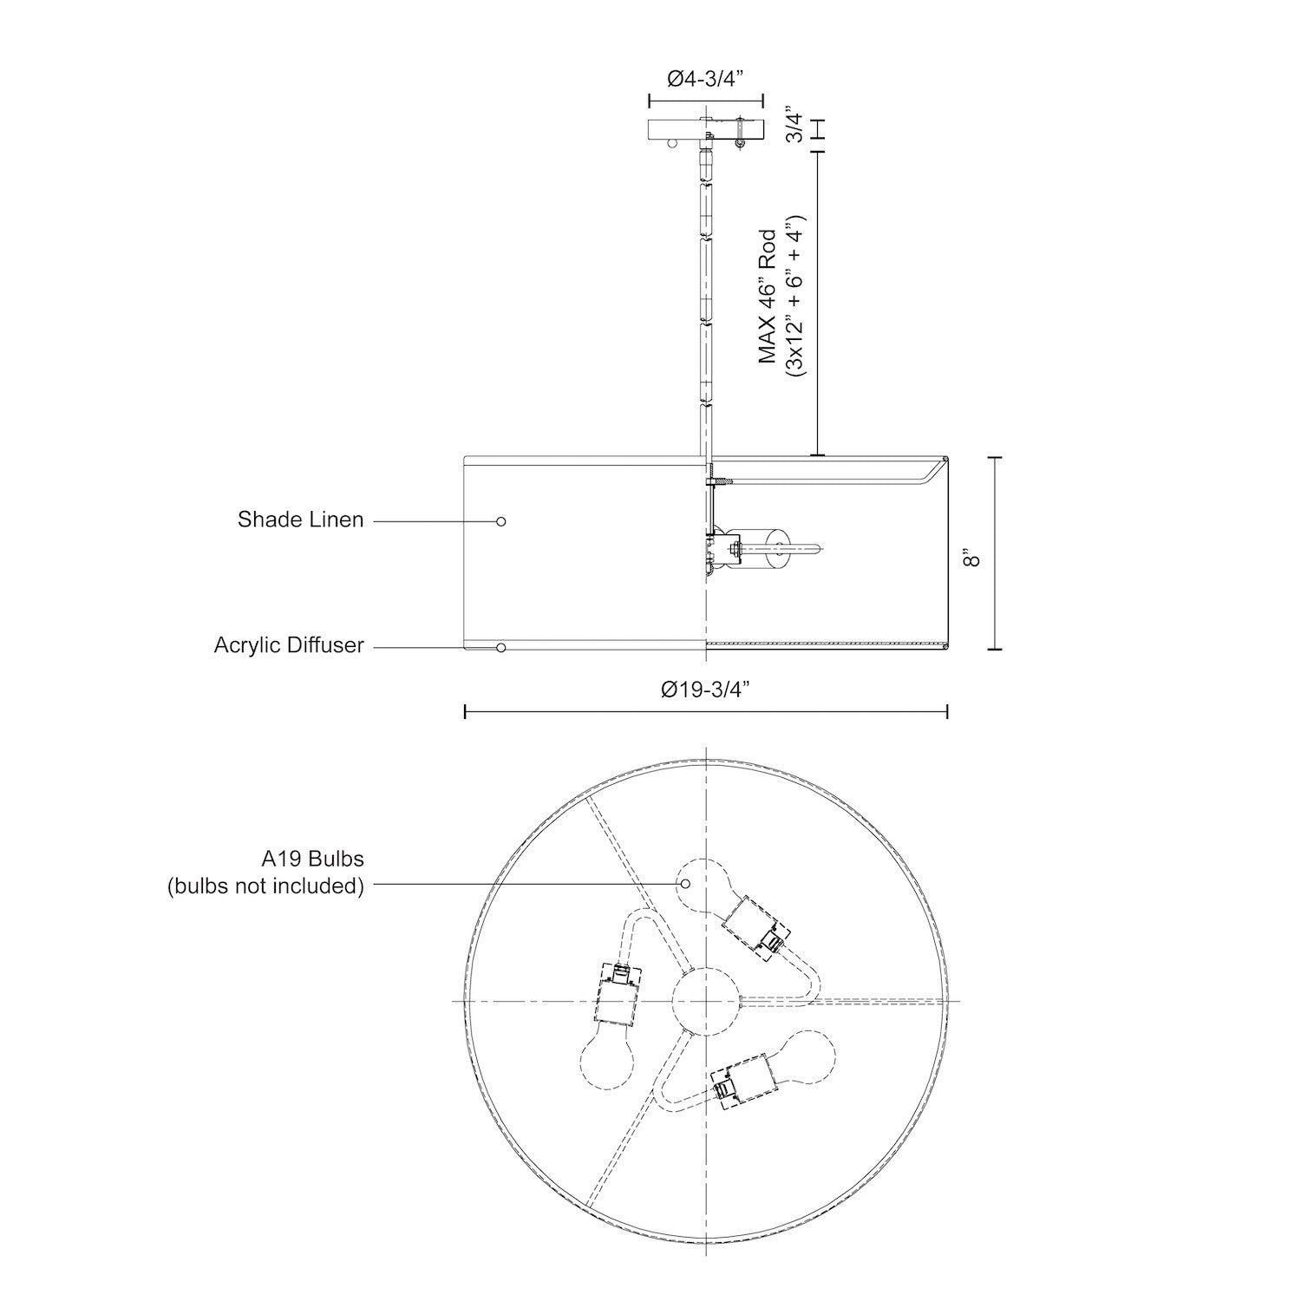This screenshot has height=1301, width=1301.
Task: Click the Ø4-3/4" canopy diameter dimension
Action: (706, 80)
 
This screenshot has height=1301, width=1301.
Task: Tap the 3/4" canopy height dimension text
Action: (791, 125)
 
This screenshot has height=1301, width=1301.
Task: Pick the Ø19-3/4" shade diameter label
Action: (704, 689)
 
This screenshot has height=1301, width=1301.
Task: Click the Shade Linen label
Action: (300, 520)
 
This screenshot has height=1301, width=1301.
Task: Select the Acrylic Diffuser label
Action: (289, 646)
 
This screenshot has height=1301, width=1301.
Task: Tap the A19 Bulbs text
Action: (312, 859)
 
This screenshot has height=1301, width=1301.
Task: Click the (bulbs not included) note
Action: (265, 886)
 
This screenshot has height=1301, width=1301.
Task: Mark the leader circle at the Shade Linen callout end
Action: (500, 521)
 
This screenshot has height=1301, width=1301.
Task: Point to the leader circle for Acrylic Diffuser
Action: (500, 648)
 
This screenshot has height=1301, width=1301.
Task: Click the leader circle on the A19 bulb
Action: (685, 883)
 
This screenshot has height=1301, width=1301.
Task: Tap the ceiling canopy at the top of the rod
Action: (706, 128)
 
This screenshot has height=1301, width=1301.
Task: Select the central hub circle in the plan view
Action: (706, 1002)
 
